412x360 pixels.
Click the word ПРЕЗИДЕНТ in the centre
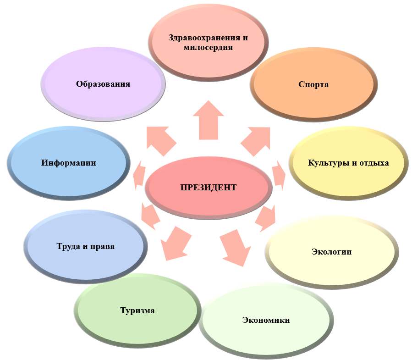[x=209, y=187]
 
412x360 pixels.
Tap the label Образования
[x=103, y=84]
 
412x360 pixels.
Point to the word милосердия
[x=208, y=47]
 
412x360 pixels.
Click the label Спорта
[x=313, y=84]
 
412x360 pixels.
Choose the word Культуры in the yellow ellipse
[x=327, y=163]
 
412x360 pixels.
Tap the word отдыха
[x=375, y=163]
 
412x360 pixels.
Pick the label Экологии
[x=331, y=251]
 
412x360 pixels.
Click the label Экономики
[x=266, y=320]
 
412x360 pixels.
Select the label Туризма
[x=137, y=310]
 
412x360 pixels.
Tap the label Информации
[x=69, y=163]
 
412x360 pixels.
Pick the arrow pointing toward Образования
[x=160, y=140]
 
